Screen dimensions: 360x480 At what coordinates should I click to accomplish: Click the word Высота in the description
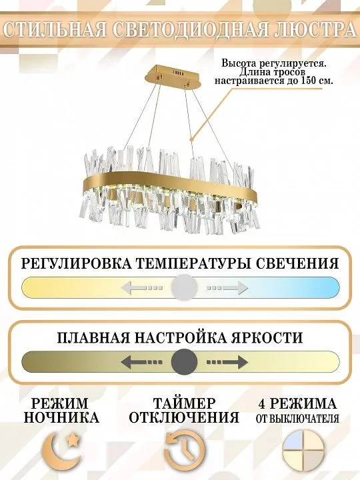pyautogui.click(x=238, y=63)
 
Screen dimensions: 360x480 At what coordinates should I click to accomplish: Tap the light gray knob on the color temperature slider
pyautogui.click(x=184, y=287)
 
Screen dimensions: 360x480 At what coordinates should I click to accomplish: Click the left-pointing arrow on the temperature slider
pyautogui.click(x=142, y=288)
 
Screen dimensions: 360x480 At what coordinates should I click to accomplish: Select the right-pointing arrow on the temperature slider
pyautogui.click(x=227, y=288)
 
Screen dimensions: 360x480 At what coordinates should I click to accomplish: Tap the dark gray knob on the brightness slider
pyautogui.click(x=184, y=362)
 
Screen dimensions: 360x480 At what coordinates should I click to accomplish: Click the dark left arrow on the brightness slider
pyautogui.click(x=141, y=362)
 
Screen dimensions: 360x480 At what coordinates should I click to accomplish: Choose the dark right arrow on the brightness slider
pyautogui.click(x=227, y=362)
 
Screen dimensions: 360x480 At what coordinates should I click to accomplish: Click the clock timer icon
pyautogui.click(x=185, y=450)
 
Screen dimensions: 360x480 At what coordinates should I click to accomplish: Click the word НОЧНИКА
pyautogui.click(x=61, y=417)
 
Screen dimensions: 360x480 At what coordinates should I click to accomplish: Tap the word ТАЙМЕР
pyautogui.click(x=184, y=403)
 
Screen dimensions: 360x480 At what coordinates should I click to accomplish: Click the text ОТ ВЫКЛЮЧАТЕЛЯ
pyautogui.click(x=297, y=419)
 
